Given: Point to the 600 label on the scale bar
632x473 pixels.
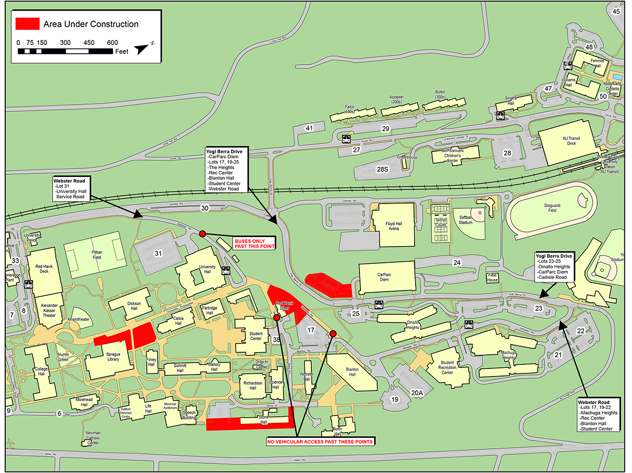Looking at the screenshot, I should click(x=113, y=42).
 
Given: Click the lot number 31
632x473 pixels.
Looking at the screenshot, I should click(x=158, y=253).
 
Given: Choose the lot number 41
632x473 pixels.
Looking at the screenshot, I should click(x=309, y=128).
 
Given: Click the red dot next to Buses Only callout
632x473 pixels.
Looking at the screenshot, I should click(x=202, y=233).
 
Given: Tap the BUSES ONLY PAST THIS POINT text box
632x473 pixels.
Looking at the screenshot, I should click(x=254, y=243).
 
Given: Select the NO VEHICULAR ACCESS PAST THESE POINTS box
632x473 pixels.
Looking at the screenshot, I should click(x=320, y=442).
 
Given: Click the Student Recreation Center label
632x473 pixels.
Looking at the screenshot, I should click(x=447, y=367).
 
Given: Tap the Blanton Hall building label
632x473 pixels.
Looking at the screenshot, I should click(x=352, y=371).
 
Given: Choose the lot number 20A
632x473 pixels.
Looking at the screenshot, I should click(x=417, y=393).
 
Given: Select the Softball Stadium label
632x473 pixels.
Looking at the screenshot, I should click(x=466, y=219).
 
